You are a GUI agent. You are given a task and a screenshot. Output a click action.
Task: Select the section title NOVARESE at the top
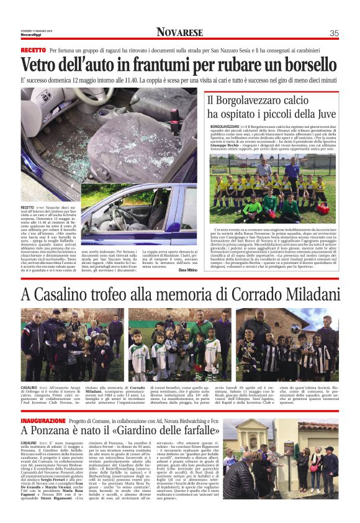coord(179,32)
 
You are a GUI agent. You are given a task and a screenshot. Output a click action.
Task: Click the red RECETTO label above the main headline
coord(33,50)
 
